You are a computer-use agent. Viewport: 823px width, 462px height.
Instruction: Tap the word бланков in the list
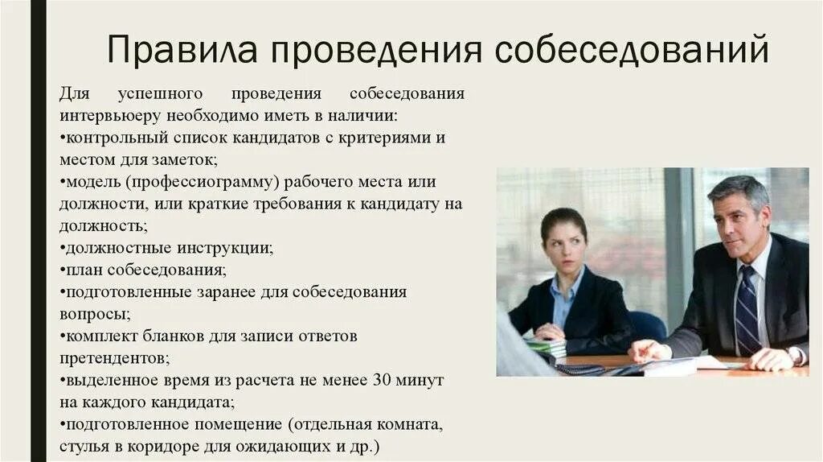(170, 335)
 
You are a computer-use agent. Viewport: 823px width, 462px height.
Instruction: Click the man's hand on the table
(649, 350)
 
